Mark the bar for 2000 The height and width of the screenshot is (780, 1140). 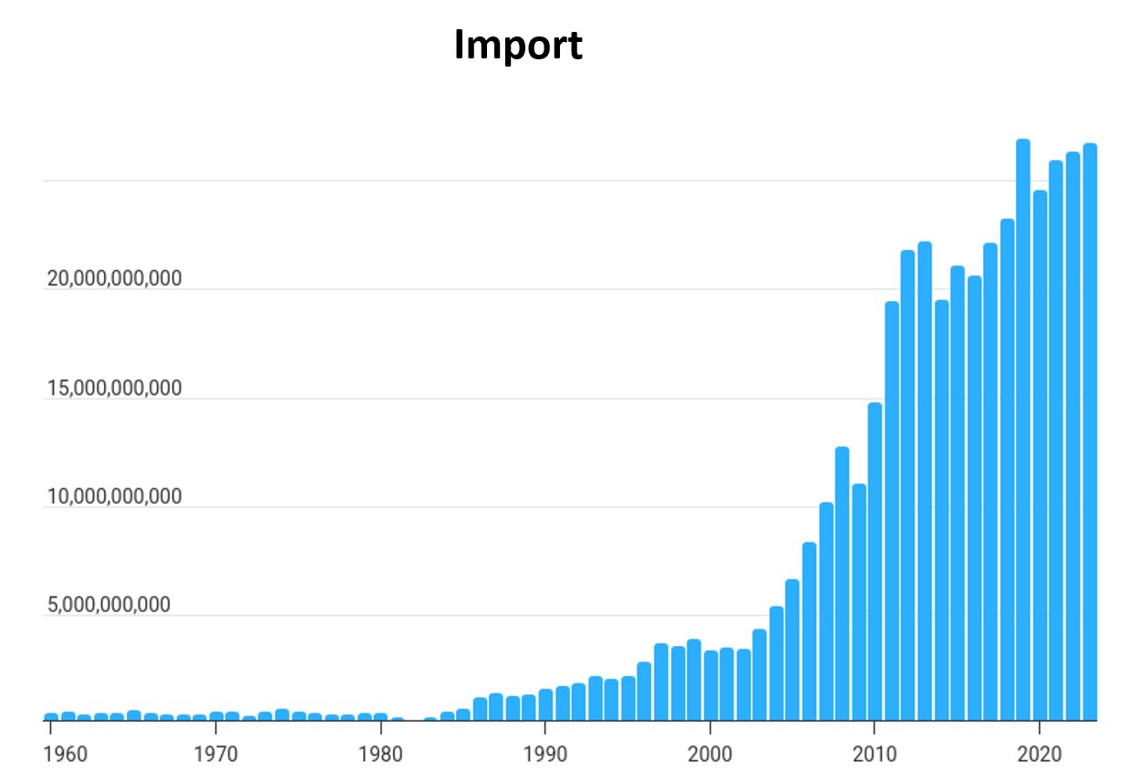710,685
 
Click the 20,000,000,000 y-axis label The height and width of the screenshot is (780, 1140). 114,279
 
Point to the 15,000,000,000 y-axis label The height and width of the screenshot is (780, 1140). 114,389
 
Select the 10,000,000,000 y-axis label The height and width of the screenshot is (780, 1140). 114,497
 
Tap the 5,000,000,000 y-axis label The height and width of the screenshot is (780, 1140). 109,606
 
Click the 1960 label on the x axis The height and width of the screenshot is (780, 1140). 65,754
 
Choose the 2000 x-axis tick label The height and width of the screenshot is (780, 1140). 710,754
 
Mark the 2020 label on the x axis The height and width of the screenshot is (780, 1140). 1040,754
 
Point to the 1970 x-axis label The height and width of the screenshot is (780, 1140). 215,754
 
